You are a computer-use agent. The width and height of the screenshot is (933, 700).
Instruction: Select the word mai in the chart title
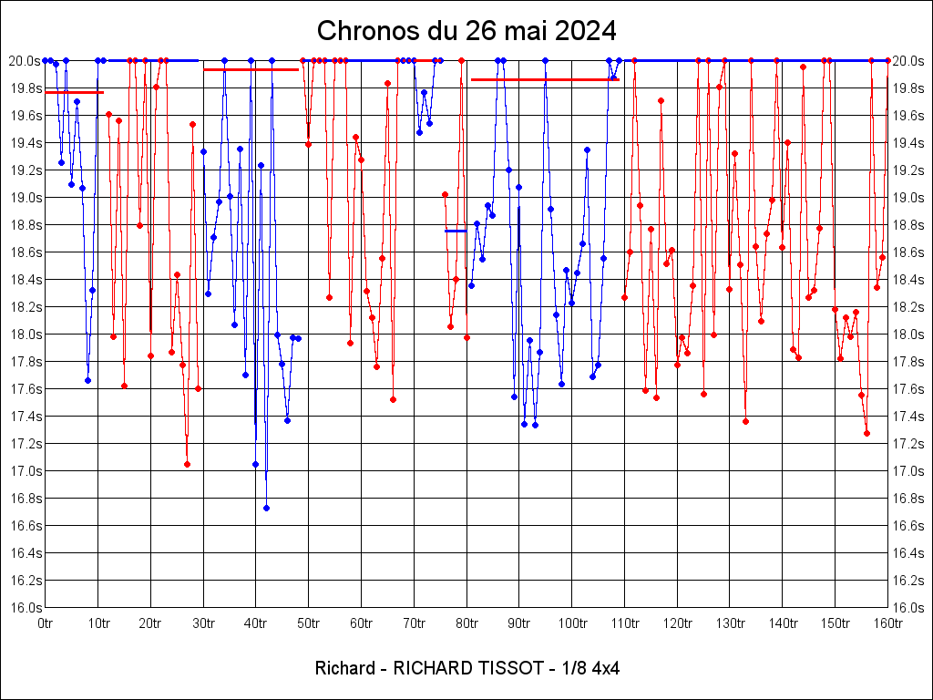pos(515,31)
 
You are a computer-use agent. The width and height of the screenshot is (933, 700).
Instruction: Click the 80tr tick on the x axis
pos(466,623)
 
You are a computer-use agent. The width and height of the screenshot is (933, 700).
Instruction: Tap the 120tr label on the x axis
pos(677,623)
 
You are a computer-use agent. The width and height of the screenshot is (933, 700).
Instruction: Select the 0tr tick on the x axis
pos(46,623)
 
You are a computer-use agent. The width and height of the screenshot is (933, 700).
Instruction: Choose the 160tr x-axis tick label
pos(887,623)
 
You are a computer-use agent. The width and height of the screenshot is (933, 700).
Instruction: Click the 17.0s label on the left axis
pos(25,471)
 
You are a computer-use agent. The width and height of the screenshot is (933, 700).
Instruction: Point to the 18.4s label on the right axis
pos(908,280)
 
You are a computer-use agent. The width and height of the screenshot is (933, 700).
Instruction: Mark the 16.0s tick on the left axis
pos(25,608)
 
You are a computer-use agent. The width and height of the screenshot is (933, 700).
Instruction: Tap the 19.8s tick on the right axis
pos(908,88)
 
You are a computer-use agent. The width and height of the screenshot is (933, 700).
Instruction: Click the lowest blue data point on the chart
pos(266,508)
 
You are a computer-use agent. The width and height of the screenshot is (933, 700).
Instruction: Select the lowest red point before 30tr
pos(187,464)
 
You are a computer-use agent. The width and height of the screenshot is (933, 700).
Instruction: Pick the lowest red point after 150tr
pos(866,433)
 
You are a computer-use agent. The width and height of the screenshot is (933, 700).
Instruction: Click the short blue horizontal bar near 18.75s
pos(456,231)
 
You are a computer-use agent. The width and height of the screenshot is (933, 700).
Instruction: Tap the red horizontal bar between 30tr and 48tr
pos(251,69)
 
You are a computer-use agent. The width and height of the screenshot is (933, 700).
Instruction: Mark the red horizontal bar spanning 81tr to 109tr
pos(545,79)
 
